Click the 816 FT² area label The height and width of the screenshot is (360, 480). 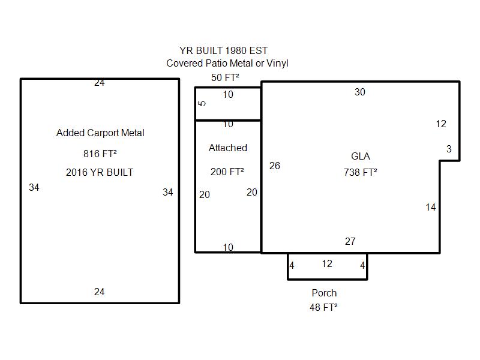tap(100, 154)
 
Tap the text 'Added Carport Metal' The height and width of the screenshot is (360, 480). tap(100, 133)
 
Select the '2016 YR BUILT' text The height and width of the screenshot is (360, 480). tap(100, 172)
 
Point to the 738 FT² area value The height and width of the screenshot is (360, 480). tap(361, 172)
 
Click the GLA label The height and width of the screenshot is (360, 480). tap(361, 156)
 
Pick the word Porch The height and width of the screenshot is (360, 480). tap(324, 293)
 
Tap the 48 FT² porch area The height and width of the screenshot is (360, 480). tap(323, 307)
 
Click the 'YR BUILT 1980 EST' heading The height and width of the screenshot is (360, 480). tap(223, 50)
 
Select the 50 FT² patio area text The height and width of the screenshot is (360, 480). tap(225, 77)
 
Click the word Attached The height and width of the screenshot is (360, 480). tap(228, 148)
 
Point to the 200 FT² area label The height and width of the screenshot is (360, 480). tap(227, 172)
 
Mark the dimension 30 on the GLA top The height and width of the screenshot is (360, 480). tap(360, 92)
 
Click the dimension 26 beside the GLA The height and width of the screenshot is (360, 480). tap(275, 166)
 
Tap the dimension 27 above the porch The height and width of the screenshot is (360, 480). tap(350, 241)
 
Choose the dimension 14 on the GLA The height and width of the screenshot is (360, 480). tap(430, 207)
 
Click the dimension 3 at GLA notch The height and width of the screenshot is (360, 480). tap(449, 149)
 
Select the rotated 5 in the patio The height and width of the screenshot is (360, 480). tap(202, 103)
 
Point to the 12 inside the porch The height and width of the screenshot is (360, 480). tap(327, 263)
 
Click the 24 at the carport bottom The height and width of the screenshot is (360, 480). tap(99, 292)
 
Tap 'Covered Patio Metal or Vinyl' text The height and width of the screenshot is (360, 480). tap(227, 64)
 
